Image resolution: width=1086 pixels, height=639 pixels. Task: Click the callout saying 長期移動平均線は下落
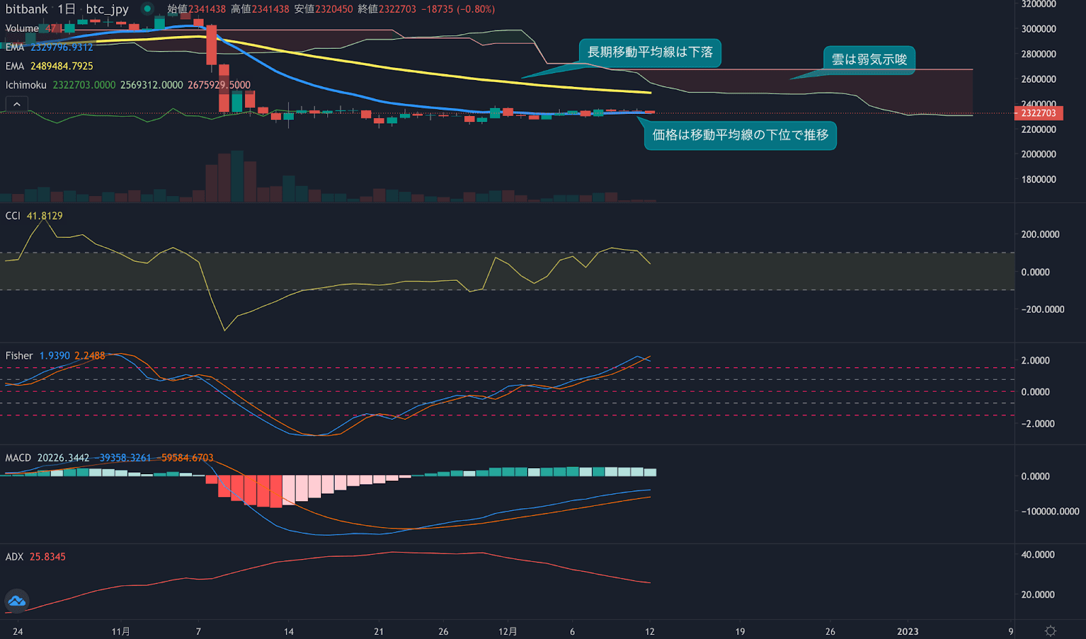click(x=650, y=53)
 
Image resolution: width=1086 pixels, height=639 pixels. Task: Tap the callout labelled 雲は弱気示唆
click(x=869, y=60)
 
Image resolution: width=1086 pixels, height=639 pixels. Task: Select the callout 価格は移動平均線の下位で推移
click(x=740, y=135)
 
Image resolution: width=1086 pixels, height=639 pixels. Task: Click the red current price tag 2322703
click(x=1038, y=113)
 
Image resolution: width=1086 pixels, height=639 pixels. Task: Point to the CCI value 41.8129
click(x=45, y=216)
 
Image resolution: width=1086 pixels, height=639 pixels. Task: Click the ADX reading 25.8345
click(x=48, y=557)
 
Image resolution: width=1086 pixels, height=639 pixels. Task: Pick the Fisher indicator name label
click(x=19, y=355)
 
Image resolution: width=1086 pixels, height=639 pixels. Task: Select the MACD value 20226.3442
click(x=63, y=458)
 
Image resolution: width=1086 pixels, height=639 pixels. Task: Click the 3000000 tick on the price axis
click(x=1038, y=29)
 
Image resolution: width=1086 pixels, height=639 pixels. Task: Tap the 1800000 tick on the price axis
click(x=1038, y=180)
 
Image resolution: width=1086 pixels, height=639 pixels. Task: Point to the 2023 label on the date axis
click(x=907, y=632)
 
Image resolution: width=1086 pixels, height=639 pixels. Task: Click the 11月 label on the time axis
click(x=121, y=632)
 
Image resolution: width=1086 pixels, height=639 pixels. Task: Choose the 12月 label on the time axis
click(x=508, y=632)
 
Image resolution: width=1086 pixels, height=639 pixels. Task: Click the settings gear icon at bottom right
click(x=1051, y=631)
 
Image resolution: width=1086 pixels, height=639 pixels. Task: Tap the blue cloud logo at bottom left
click(x=16, y=601)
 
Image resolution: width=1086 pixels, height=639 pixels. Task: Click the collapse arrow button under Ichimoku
click(x=17, y=104)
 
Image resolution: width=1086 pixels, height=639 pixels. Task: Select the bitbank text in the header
click(x=26, y=9)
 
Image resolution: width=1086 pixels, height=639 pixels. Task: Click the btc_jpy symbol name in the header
click(x=107, y=9)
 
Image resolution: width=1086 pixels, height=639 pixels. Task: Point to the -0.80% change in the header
click(x=475, y=9)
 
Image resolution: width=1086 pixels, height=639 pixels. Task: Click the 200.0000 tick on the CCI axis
click(x=1040, y=235)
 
